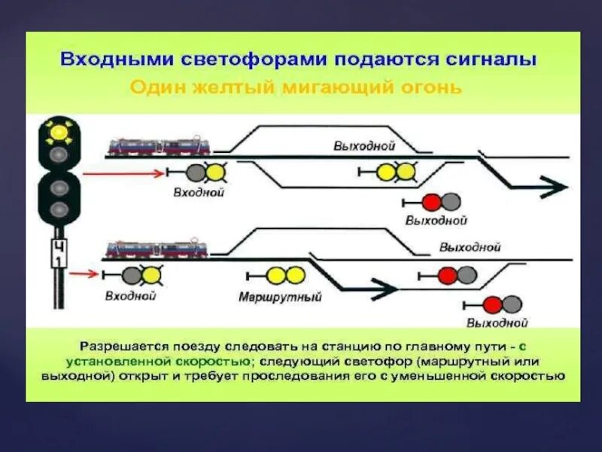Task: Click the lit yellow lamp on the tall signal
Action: (57, 133)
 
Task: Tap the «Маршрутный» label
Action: (280, 297)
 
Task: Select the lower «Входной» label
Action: (130, 296)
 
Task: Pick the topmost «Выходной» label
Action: (364, 146)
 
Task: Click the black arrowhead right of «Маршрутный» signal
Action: (386, 286)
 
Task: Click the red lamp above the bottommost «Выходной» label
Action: (493, 304)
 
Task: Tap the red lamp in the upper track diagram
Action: (430, 201)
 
